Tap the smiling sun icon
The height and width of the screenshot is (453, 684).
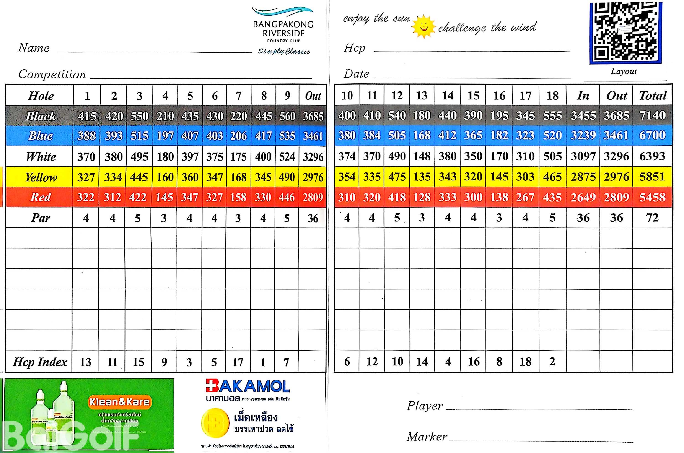[423, 27]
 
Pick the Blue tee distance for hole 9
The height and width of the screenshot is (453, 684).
[287, 136]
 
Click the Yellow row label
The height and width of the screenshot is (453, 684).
[41, 177]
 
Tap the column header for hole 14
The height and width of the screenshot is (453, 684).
[448, 96]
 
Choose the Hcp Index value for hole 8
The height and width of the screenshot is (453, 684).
[262, 362]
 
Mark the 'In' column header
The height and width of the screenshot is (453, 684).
[583, 96]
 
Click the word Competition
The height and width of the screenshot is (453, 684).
[52, 74]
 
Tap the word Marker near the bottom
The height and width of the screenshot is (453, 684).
[427, 437]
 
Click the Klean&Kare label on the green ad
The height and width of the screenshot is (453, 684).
[119, 402]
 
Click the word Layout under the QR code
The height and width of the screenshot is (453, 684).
[623, 71]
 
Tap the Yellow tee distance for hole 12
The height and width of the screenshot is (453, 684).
[397, 177]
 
